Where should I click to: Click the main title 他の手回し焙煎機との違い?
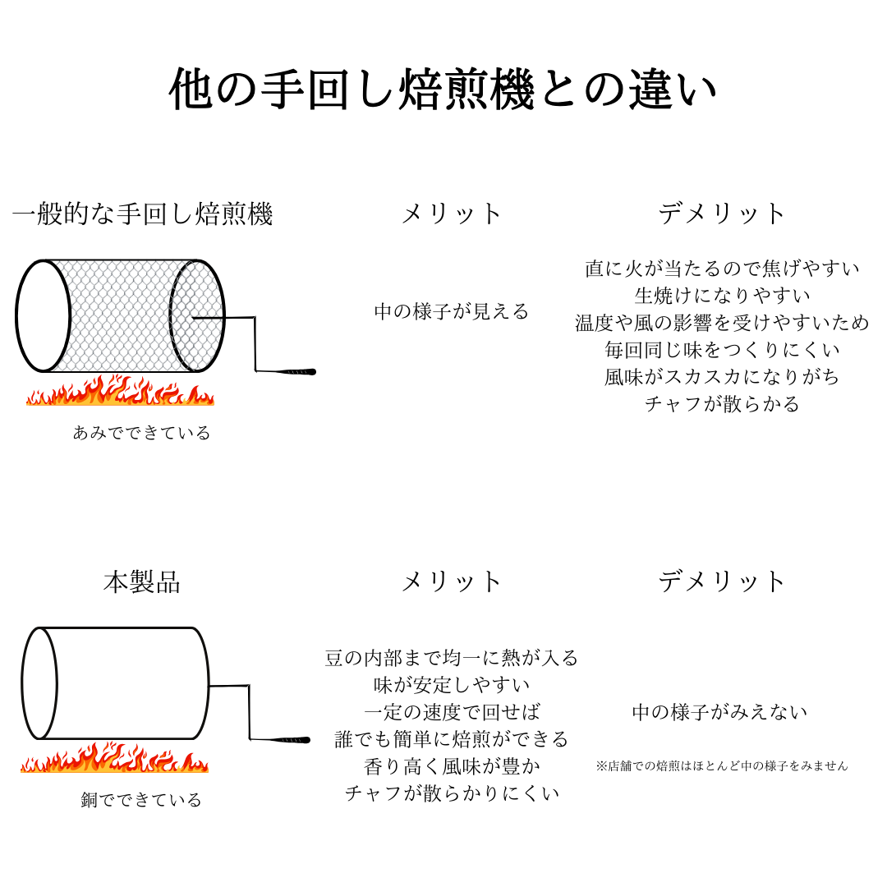pos(443,90)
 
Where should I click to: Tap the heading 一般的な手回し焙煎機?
pos(143,214)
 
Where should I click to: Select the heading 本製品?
pos(142,581)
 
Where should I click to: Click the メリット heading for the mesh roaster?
pos(451,214)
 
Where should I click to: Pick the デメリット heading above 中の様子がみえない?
pos(722,581)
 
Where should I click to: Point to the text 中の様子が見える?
pos(452,311)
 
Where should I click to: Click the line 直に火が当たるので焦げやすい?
pos(723,268)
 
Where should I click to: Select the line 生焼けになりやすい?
pos(723,296)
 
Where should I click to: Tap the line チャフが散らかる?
pos(723,404)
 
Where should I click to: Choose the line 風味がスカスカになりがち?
pos(723,377)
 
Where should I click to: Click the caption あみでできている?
pos(141,433)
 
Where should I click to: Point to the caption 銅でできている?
pos(141,800)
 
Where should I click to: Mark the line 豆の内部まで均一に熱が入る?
pos(452,658)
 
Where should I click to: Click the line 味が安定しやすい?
pos(452,685)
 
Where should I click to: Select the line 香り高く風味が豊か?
pos(452,766)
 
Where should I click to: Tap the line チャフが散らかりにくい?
pos(452,793)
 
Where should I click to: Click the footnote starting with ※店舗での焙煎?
pos(722,766)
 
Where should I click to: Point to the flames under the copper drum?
pos(115,758)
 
